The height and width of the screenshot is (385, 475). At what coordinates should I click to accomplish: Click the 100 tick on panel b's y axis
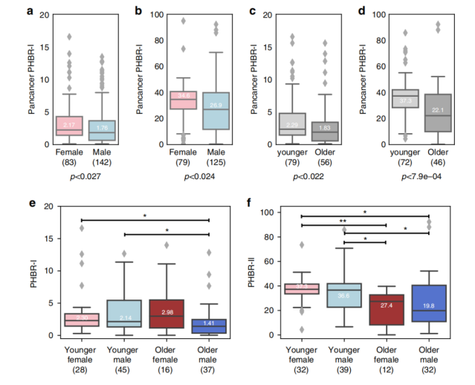pyautogui.click(x=146, y=15)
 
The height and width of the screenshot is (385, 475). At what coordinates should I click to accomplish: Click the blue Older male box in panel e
pyautogui.click(x=210, y=326)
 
